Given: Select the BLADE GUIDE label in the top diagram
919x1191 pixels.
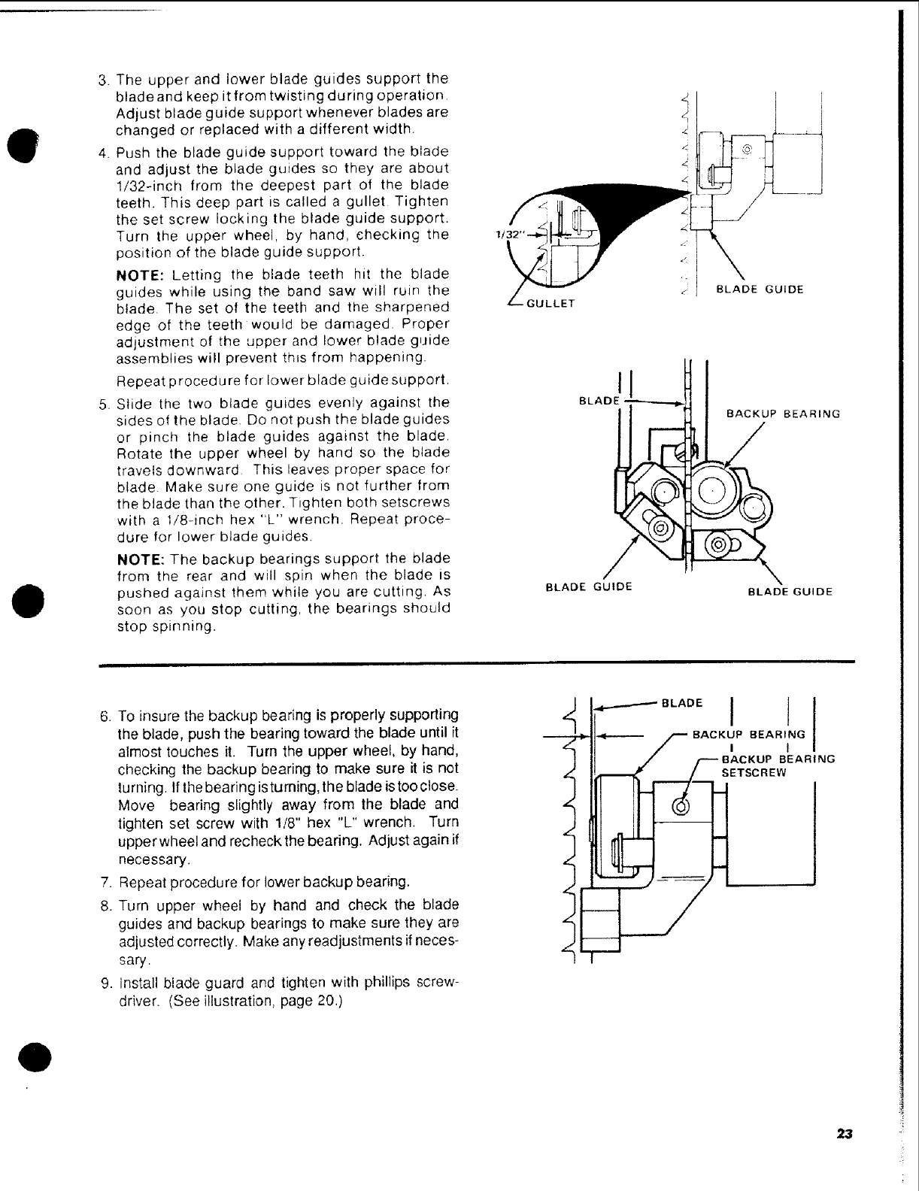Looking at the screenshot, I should pos(760,289).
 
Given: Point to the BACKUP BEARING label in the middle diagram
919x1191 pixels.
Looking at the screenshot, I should pos(782,413).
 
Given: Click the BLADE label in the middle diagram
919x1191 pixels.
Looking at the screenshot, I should pos(597,401).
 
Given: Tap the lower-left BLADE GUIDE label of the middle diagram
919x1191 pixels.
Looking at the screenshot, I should pos(588,586).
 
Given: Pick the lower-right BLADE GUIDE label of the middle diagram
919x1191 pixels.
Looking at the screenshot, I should pos(790,591).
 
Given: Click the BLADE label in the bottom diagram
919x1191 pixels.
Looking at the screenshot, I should pos(681,703).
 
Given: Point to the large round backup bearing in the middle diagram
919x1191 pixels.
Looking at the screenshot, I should pos(711,492).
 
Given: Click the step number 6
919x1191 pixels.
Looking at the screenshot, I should pos(106,714).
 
